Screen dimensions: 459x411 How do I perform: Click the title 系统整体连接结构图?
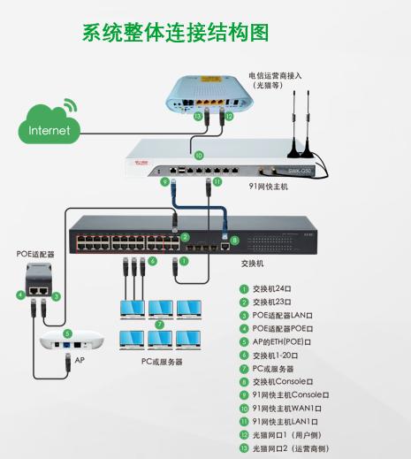click(174, 34)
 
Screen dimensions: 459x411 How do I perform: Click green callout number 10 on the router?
click(199, 156)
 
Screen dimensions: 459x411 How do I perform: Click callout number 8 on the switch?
click(234, 240)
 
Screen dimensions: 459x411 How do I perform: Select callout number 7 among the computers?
click(160, 325)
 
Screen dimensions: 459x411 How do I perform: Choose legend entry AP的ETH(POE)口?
click(287, 341)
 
